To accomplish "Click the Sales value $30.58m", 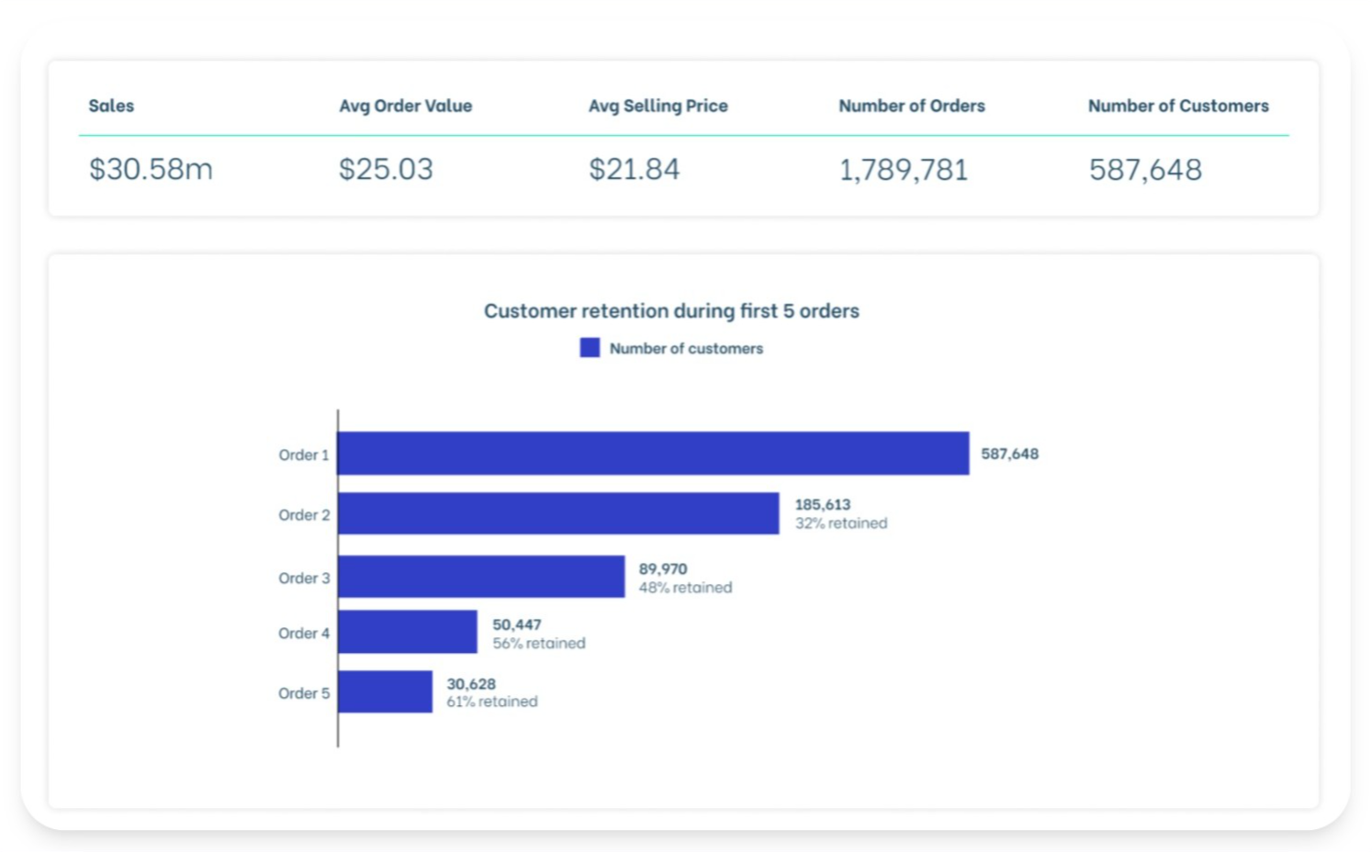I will click(x=151, y=170).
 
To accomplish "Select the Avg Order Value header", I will click(x=405, y=106).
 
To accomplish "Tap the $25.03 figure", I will click(x=386, y=170).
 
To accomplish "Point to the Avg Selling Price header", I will click(x=658, y=106).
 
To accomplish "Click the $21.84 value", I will click(x=634, y=170).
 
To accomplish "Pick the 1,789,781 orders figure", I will click(x=903, y=170).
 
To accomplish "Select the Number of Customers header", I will click(x=1177, y=106).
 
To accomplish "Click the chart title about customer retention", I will click(x=671, y=311).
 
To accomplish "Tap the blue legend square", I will click(x=590, y=348).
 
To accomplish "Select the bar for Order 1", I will click(x=653, y=454).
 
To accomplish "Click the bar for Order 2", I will click(x=558, y=513).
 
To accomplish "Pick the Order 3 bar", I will click(x=481, y=577).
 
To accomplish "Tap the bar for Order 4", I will click(x=408, y=632).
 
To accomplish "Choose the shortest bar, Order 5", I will click(x=385, y=691).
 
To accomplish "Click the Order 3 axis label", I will click(x=304, y=578).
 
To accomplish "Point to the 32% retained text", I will click(x=840, y=523).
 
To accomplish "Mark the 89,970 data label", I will click(x=662, y=569).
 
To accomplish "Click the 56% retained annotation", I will click(x=538, y=644).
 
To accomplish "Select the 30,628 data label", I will click(x=470, y=684).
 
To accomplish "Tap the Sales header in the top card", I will click(x=111, y=106).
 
